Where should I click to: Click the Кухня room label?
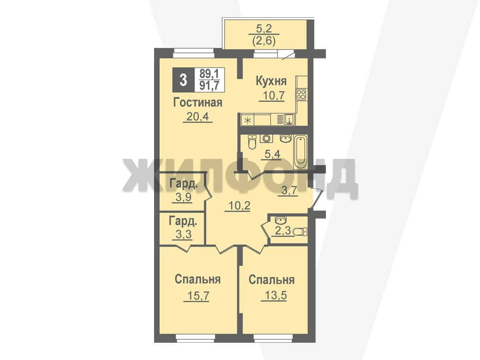(x=271, y=81)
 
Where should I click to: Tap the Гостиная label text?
(x=198, y=102)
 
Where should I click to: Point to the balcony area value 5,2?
(x=264, y=29)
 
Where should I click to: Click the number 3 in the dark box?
(x=183, y=80)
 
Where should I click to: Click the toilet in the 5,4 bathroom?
(x=252, y=142)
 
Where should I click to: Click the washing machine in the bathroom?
(x=266, y=138)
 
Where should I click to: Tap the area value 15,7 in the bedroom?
(x=196, y=296)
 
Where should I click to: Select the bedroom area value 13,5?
(x=274, y=296)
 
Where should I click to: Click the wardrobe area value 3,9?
(x=184, y=197)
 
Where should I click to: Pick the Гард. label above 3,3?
(x=183, y=221)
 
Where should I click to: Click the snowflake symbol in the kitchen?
(x=248, y=120)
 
